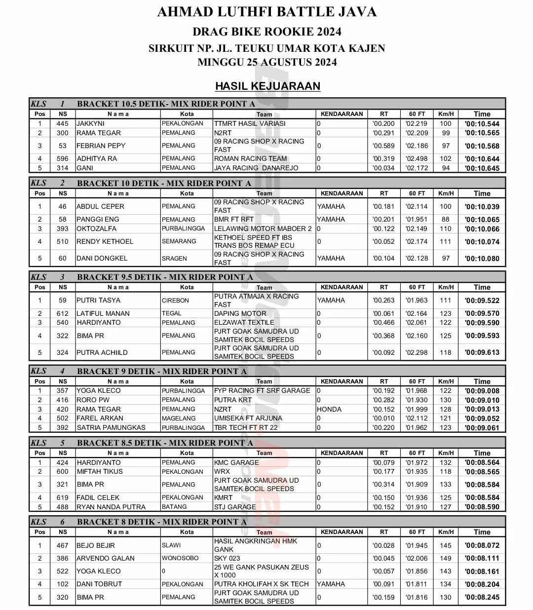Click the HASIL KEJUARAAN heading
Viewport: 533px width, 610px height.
pyautogui.click(x=267, y=86)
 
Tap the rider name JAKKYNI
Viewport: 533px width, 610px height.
pyautogui.click(x=91, y=123)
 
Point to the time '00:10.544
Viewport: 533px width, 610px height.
pyautogui.click(x=482, y=124)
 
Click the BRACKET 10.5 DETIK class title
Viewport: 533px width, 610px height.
pyautogui.click(x=166, y=104)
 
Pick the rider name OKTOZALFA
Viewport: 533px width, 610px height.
pyautogui.click(x=97, y=229)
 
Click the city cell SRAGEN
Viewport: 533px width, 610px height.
pyautogui.click(x=175, y=258)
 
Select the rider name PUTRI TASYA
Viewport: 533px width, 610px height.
pyautogui.click(x=99, y=300)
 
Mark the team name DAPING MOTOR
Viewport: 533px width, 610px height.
pyautogui.click(x=240, y=313)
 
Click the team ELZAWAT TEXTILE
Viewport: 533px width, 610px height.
pyautogui.click(x=244, y=322)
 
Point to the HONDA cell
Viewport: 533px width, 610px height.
pyautogui.click(x=329, y=409)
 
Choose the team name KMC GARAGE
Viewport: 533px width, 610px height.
pyautogui.click(x=236, y=462)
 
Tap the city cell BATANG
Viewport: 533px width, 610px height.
pyautogui.click(x=175, y=507)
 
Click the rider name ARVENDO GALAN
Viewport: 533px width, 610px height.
pyautogui.click(x=106, y=558)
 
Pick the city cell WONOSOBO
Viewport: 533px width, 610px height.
pyautogui.click(x=181, y=558)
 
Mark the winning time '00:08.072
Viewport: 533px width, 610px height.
pyautogui.click(x=482, y=545)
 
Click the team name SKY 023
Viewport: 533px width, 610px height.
pyautogui.click(x=227, y=558)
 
